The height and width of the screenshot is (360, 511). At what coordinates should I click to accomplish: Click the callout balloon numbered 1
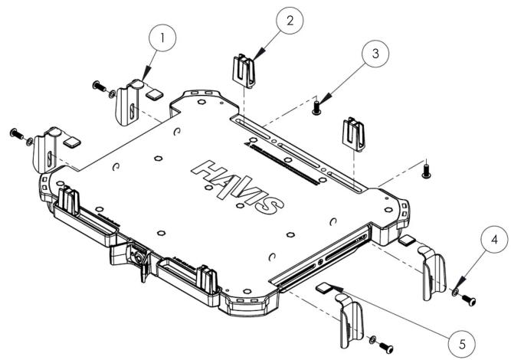(x=162, y=38)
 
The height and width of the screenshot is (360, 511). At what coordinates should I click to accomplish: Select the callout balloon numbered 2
(x=290, y=20)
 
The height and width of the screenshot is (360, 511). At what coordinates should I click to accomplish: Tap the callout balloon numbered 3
(x=375, y=54)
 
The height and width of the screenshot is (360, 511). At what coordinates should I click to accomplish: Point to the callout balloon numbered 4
(x=494, y=240)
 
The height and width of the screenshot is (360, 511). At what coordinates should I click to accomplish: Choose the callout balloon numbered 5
(x=461, y=344)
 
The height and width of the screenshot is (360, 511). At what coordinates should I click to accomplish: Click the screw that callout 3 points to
(x=316, y=108)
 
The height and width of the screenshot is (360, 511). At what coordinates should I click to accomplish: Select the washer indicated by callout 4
(x=455, y=292)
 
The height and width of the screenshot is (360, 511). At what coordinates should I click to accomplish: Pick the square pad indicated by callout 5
(x=324, y=287)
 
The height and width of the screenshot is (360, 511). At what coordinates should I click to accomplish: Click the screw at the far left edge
(x=18, y=133)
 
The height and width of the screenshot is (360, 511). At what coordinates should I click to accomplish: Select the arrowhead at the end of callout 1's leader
(x=147, y=71)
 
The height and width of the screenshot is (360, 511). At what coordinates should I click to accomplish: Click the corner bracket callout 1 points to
(x=129, y=103)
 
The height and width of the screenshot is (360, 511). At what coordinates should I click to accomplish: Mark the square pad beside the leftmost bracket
(x=72, y=142)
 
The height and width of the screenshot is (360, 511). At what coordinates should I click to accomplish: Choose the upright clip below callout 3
(x=353, y=134)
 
